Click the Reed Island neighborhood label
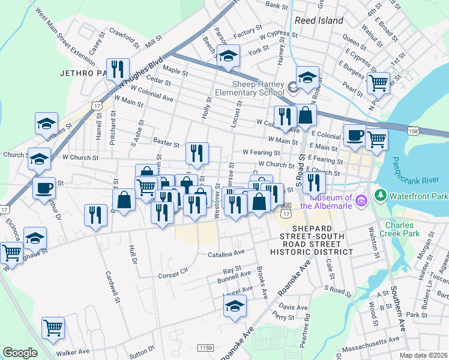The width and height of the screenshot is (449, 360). [x=319, y=20]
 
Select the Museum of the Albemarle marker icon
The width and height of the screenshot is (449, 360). [x=361, y=199]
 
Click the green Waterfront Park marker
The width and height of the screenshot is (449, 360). [x=380, y=195]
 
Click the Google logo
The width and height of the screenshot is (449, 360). [x=20, y=353]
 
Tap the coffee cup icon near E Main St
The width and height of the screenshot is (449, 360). [x=354, y=134]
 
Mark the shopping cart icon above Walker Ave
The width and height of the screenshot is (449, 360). [x=53, y=328]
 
